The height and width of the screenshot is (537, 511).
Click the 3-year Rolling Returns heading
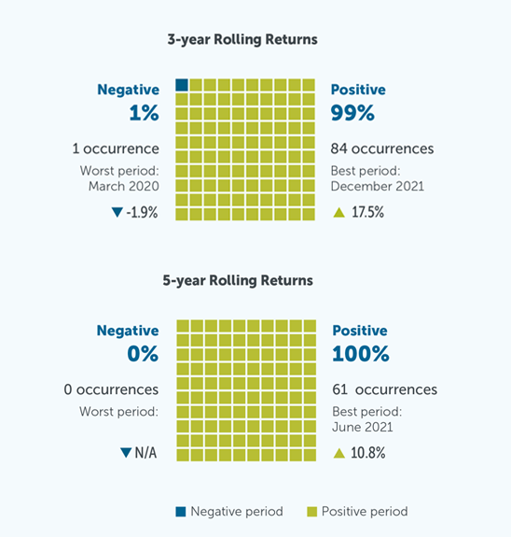(x=242, y=40)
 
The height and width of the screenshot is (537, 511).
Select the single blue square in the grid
(x=182, y=85)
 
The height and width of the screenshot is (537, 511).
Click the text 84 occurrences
(x=381, y=148)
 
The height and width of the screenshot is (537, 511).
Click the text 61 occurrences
(x=383, y=389)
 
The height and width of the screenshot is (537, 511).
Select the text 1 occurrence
(x=116, y=148)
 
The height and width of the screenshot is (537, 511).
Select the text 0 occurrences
(x=104, y=389)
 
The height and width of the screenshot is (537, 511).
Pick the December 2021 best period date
(x=377, y=186)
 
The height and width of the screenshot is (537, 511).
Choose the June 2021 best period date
(x=362, y=427)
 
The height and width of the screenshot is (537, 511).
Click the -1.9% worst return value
(x=142, y=213)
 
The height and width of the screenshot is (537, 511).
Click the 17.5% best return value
(x=366, y=213)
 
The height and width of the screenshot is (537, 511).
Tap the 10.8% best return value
(x=366, y=454)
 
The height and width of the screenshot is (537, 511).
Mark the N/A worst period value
(x=146, y=454)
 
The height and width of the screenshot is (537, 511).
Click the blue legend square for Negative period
(x=180, y=512)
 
